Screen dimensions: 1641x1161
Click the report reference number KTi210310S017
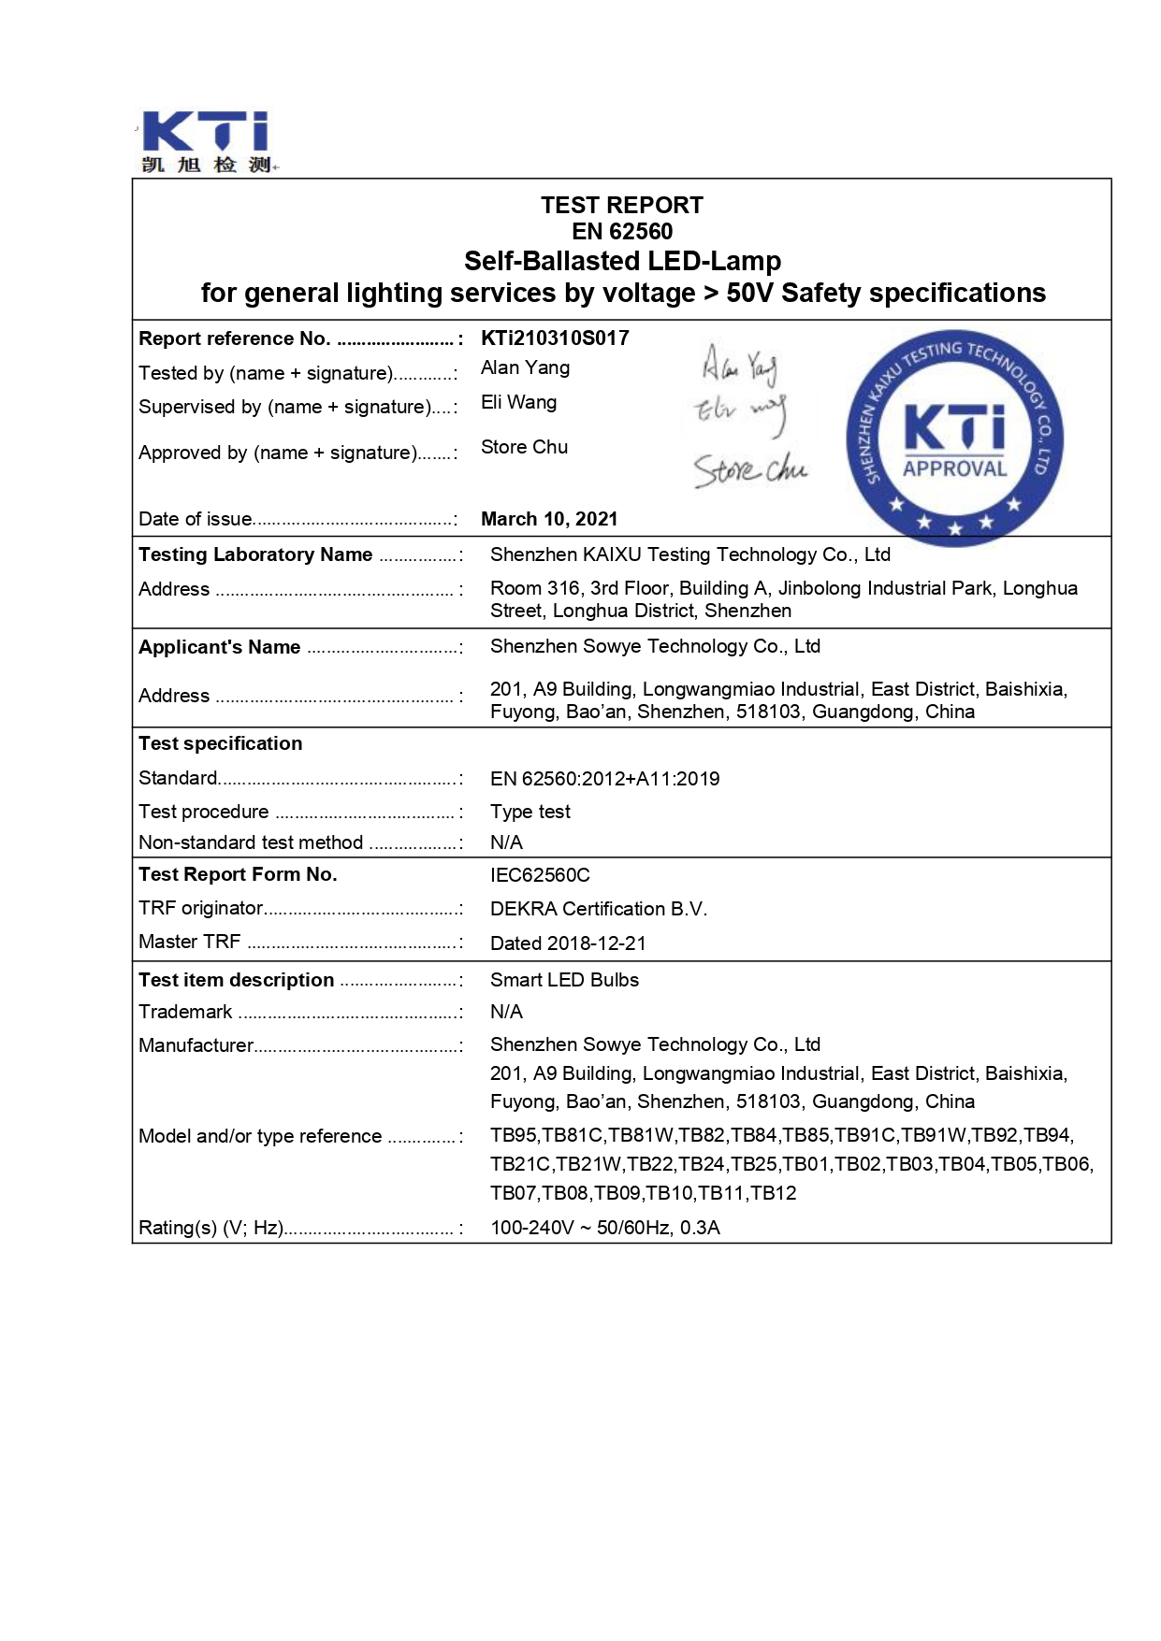click(x=555, y=338)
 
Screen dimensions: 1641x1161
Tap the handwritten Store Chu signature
click(x=749, y=469)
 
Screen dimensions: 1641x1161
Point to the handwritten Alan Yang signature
click(x=739, y=366)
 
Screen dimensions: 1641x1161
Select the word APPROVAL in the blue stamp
click(x=954, y=468)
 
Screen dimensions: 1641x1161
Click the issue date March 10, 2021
click(x=549, y=519)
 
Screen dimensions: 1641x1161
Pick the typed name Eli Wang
click(x=518, y=402)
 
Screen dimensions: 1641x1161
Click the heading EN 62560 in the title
click(x=622, y=232)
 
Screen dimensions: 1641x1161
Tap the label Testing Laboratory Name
click(x=255, y=554)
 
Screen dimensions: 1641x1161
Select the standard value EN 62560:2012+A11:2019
click(x=604, y=779)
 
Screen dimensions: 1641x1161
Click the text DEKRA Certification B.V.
click(x=599, y=909)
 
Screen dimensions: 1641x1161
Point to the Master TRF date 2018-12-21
click(x=596, y=943)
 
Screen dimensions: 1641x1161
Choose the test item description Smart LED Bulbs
click(x=564, y=980)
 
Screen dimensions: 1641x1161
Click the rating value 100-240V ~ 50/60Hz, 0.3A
click(x=604, y=1228)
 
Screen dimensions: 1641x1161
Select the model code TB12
click(x=774, y=1193)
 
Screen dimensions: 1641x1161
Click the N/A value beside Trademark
click(x=506, y=1012)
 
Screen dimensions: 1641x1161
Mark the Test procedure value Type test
click(x=530, y=812)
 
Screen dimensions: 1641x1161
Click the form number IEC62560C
click(x=540, y=875)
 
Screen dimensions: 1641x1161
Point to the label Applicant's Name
click(x=220, y=647)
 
